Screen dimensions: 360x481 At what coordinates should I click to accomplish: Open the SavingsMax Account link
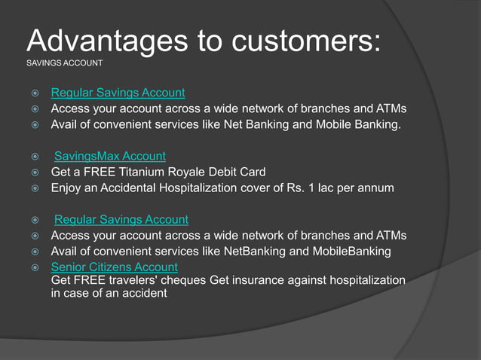[x=110, y=156]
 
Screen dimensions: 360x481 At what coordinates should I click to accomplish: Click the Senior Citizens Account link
[x=114, y=267]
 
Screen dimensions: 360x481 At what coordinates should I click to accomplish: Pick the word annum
[x=374, y=187]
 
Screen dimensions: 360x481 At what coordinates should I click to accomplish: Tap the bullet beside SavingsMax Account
[x=35, y=157]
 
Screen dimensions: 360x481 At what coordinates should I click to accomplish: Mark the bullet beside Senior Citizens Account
[x=35, y=267]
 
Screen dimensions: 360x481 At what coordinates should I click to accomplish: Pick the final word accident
[x=144, y=293]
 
